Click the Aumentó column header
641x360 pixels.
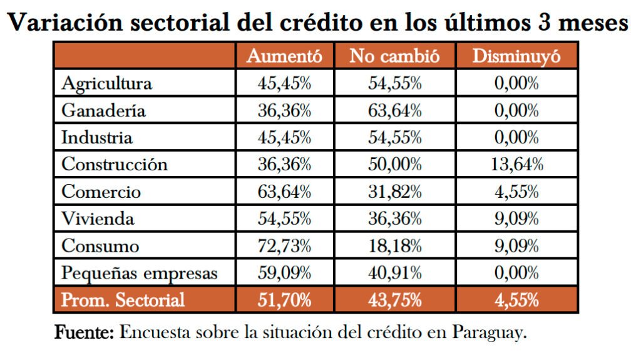(x=285, y=56)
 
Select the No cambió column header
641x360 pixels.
(x=395, y=56)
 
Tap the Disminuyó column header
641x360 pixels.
(x=516, y=56)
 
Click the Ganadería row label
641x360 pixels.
(x=103, y=110)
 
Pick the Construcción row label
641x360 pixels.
(x=115, y=165)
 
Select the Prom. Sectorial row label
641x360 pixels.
(x=123, y=300)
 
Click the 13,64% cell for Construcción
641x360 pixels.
(x=516, y=165)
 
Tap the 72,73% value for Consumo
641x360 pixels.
(x=285, y=246)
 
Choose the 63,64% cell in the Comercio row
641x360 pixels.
(x=285, y=192)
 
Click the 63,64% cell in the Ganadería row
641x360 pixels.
(x=395, y=110)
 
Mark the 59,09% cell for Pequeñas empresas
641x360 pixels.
(x=285, y=273)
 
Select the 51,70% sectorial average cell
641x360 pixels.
(x=285, y=300)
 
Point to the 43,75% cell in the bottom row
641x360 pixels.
(x=395, y=300)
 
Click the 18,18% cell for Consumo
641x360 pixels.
(x=395, y=246)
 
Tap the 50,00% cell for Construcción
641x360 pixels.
(x=395, y=165)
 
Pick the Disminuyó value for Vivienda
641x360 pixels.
(x=516, y=219)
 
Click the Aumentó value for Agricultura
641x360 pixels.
(x=285, y=83)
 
